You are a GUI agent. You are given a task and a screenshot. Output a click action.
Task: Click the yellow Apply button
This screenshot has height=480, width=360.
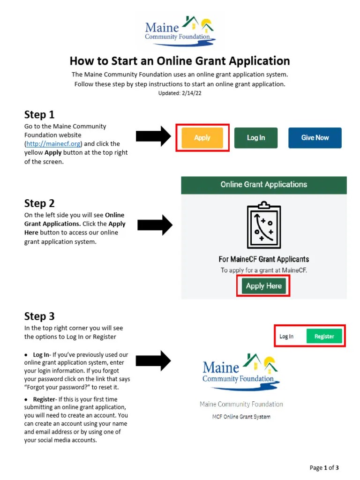tap(202, 138)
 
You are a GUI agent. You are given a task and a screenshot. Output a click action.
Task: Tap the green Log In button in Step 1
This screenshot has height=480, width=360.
tap(256, 138)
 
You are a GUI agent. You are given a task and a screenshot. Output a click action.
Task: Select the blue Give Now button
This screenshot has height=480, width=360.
tap(315, 138)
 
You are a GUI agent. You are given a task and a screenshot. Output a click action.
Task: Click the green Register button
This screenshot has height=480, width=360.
tap(324, 336)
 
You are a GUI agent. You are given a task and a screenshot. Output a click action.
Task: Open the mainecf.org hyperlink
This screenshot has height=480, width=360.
tap(53, 144)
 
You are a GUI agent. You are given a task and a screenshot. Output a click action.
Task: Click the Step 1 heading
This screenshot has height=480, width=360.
tap(39, 115)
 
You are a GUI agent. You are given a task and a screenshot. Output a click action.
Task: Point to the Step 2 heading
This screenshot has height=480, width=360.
tap(39, 203)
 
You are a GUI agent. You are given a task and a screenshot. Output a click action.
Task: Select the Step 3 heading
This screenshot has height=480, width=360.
tap(39, 316)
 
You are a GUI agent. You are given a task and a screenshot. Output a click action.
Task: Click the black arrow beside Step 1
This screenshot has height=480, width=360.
tap(153, 136)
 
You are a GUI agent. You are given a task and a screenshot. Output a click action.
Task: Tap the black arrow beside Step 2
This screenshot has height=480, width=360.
tap(155, 225)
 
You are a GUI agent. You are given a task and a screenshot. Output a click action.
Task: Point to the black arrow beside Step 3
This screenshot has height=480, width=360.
tap(153, 361)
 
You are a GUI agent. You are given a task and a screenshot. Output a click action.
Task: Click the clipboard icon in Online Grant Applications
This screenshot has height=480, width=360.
tap(264, 225)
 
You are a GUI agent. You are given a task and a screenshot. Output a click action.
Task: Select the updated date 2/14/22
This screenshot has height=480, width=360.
tap(180, 93)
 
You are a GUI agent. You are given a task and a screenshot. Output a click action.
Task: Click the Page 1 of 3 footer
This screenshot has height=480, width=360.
tap(324, 467)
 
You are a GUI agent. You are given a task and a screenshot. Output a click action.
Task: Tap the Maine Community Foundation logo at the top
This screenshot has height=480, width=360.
tap(180, 31)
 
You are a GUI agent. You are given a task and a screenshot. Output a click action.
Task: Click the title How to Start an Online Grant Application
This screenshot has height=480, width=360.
tap(180, 61)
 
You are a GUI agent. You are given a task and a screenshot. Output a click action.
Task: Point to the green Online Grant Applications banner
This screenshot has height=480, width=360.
tap(264, 185)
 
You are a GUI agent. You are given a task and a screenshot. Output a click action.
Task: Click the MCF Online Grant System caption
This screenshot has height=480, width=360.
tap(241, 416)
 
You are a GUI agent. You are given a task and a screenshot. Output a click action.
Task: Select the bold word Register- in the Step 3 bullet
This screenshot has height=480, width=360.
tap(45, 399)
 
